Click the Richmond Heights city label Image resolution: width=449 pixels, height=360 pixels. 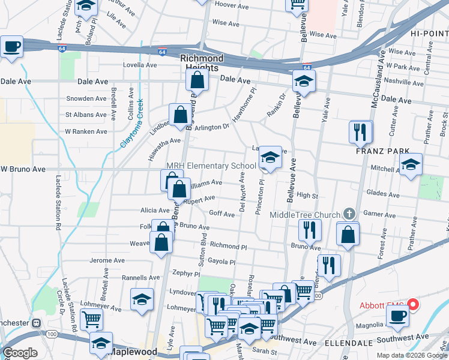(x=202, y=63)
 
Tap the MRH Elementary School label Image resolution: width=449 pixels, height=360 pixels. (x=211, y=166)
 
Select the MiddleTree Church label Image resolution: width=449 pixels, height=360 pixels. (x=305, y=215)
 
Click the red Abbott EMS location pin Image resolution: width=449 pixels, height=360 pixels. (x=412, y=304)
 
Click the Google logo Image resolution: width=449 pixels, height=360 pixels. (x=20, y=353)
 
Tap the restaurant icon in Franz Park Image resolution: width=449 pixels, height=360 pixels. (x=360, y=132)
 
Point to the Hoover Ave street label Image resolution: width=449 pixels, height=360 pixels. (x=231, y=5)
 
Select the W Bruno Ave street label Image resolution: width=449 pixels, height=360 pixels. (x=23, y=170)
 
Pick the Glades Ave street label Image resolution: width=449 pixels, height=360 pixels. (x=383, y=193)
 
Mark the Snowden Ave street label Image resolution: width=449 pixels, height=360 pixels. (x=86, y=98)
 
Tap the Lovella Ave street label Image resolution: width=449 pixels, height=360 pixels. (x=139, y=65)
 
